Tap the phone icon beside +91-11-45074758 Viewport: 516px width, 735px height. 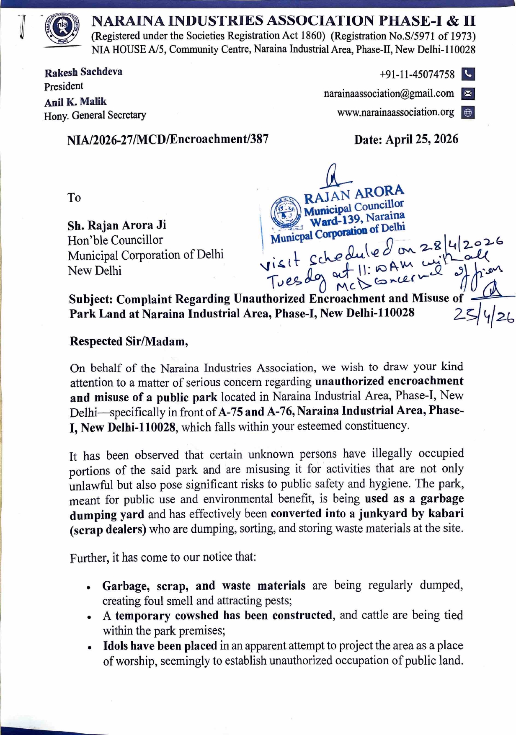(468, 74)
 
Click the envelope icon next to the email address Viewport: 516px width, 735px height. (468, 94)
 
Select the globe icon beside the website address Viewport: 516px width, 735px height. (468, 113)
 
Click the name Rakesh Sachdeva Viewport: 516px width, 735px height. (83, 72)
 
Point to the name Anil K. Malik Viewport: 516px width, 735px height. (75, 102)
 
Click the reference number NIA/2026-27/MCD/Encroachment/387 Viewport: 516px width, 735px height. (168, 139)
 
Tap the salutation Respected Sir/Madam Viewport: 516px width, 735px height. (129, 341)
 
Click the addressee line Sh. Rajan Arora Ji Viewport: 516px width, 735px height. (117, 225)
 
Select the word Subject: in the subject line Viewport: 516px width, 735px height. (91, 299)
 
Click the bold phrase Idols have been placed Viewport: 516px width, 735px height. (160, 646)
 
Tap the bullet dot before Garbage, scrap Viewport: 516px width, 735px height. (89, 588)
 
